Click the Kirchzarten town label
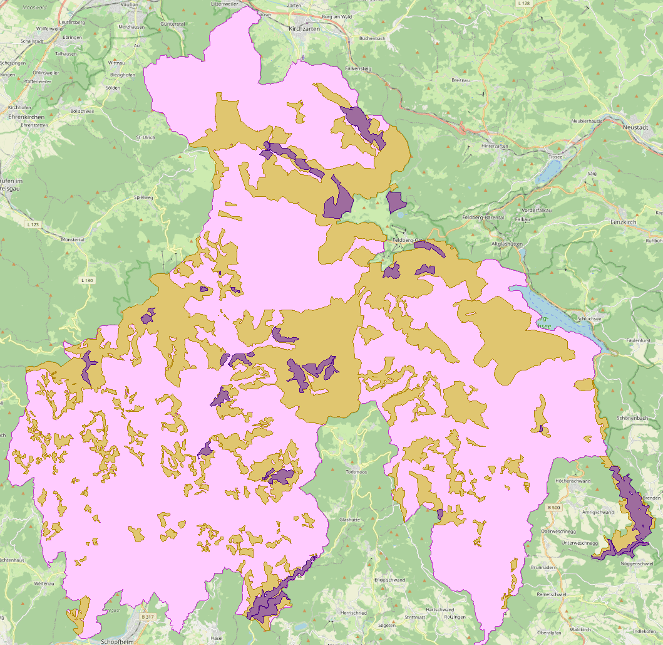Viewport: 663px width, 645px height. [x=304, y=29]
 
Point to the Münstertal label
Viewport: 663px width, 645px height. [x=72, y=239]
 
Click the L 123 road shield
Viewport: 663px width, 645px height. [x=33, y=224]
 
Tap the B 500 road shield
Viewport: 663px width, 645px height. [x=553, y=506]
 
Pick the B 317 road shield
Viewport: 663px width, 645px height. [x=147, y=617]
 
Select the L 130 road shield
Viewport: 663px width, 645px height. [x=87, y=280]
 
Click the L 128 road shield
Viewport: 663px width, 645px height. [x=524, y=3]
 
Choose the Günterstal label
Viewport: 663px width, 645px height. [x=173, y=23]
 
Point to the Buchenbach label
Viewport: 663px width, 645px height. [x=372, y=38]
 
